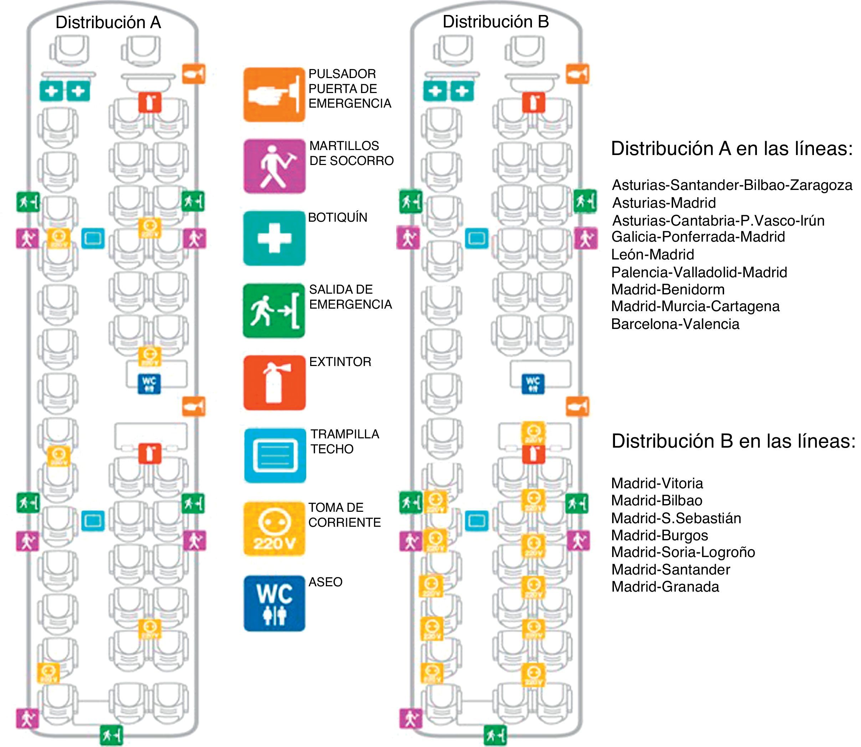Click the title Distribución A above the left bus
tap(108, 22)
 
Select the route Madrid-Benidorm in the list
tap(667, 289)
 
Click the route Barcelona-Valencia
tap(675, 324)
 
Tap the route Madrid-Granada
tap(665, 587)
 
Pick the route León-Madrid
tap(652, 254)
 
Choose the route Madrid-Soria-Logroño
tap(683, 552)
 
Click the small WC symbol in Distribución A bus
tap(149, 384)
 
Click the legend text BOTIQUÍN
tap(337, 217)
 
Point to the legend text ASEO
tap(325, 582)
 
